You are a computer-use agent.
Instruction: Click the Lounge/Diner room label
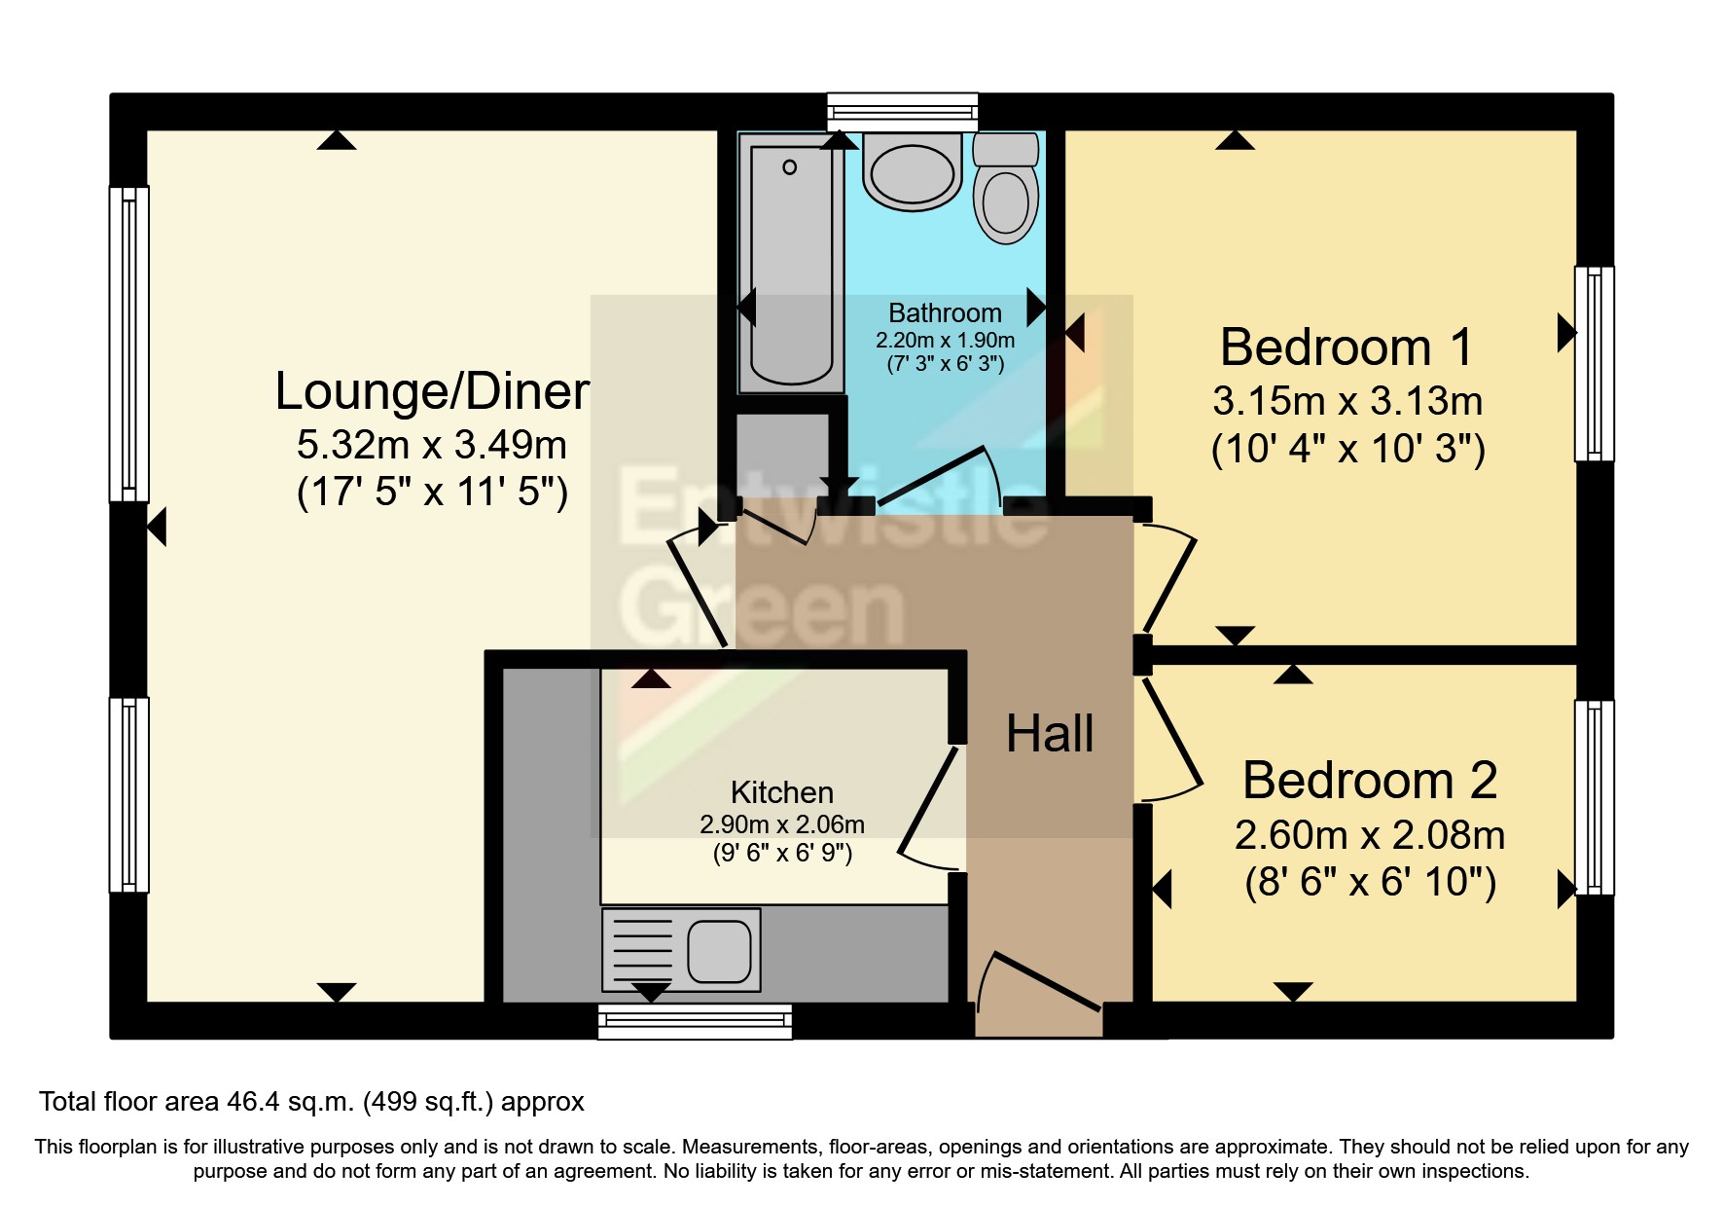click(x=432, y=391)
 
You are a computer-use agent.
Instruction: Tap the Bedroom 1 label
click(x=1346, y=347)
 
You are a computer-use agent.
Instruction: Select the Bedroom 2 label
click(x=1370, y=780)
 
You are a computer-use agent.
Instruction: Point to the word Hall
click(x=1050, y=733)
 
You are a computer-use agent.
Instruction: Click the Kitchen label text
click(x=782, y=792)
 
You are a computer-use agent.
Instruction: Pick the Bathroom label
click(x=945, y=312)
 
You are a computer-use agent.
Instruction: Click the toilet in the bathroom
click(x=1006, y=188)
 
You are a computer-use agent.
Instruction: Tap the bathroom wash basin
click(x=912, y=171)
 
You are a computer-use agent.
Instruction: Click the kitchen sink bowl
click(x=719, y=951)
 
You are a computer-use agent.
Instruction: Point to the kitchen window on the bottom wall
click(x=695, y=1021)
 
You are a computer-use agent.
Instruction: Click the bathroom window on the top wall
click(x=902, y=112)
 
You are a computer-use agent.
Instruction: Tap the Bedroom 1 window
click(x=1594, y=363)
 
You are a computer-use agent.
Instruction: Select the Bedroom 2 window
click(x=1594, y=797)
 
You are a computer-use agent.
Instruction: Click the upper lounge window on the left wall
click(x=128, y=344)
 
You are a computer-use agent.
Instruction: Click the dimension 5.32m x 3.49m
click(x=432, y=445)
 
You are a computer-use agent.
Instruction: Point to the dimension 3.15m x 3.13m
click(x=1347, y=401)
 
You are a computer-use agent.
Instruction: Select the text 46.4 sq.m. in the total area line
click(x=290, y=1102)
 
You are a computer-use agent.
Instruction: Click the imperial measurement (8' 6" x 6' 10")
click(x=1370, y=882)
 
